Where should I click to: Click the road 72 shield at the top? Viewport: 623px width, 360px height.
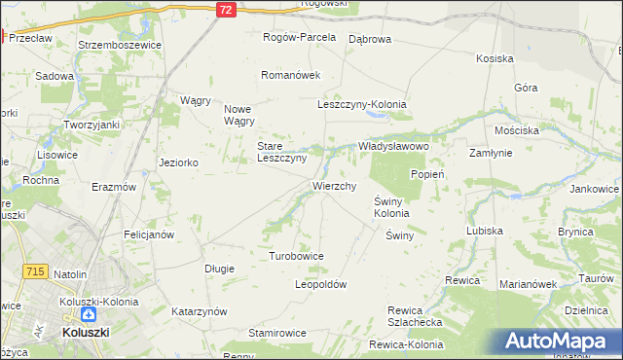tap(225, 9)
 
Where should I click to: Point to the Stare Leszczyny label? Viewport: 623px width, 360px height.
tap(281, 152)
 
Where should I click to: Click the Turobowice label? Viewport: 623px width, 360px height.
tap(296, 256)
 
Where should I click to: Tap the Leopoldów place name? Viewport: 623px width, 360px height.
tap(320, 284)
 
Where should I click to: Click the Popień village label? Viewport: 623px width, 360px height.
tap(427, 174)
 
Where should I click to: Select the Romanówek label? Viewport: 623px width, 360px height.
tap(290, 75)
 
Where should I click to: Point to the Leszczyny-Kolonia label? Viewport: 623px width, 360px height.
tap(361, 104)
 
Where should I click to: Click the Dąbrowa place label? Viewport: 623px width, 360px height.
tap(369, 39)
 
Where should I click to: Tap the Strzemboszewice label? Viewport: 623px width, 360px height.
tap(114, 45)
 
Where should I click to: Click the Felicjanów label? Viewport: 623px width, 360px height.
tap(148, 234)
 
